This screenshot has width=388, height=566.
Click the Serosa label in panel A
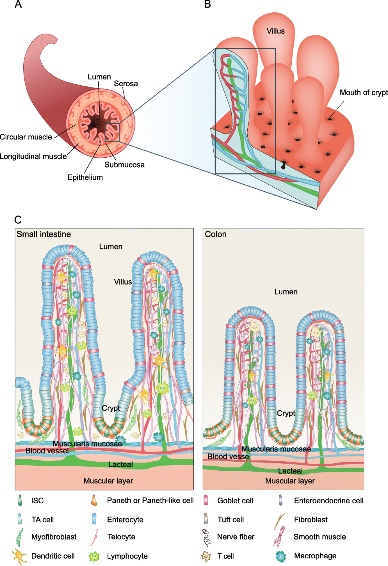(126, 84)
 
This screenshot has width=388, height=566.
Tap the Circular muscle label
(26, 137)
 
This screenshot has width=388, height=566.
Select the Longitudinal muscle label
(33, 156)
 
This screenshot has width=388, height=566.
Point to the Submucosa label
(124, 165)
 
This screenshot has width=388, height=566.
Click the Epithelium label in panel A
(85, 177)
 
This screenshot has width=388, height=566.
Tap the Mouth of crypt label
(363, 93)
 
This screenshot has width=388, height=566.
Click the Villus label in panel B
(275, 31)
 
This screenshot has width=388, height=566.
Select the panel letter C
(18, 220)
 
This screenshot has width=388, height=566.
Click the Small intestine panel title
(44, 234)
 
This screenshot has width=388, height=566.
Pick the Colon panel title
(216, 234)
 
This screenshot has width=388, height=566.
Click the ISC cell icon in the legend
(20, 500)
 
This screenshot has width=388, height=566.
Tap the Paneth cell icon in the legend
(94, 500)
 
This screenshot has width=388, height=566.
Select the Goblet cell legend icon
(206, 500)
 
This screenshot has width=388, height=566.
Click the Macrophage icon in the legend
(281, 556)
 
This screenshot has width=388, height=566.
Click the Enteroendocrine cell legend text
(329, 501)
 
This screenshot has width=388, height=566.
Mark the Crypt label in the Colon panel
(286, 413)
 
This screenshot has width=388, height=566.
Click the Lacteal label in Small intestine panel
(121, 465)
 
